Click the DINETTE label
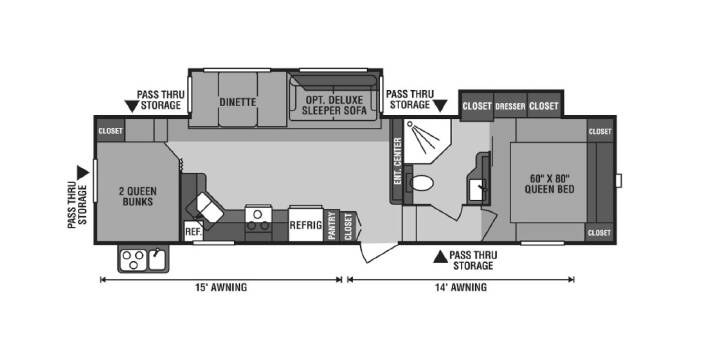237,102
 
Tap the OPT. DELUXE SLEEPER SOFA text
334,105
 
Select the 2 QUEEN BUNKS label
138,196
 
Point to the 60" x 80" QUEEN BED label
550,183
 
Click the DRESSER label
510,107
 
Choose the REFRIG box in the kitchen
306,225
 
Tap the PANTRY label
332,225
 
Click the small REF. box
193,231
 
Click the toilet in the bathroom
419,184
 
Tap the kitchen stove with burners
258,223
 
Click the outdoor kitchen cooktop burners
133,259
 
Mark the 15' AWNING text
220,288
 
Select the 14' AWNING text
461,288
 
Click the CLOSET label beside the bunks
110,131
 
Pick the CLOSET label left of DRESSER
477,107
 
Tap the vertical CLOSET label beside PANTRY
348,226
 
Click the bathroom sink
476,189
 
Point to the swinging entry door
379,253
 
